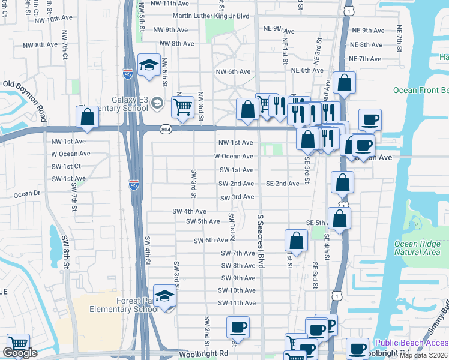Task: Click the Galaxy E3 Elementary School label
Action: [x=121, y=104]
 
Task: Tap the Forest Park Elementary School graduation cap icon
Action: [x=164, y=296]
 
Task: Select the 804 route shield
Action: [x=166, y=129]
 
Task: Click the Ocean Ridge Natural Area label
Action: [x=417, y=248]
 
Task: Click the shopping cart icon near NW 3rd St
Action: [x=182, y=107]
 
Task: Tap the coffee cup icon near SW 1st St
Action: [x=238, y=328]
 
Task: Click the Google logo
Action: [x=20, y=353]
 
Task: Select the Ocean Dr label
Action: [x=26, y=194]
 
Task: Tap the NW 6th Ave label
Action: [x=233, y=72]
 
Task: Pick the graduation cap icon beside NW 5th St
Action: [x=148, y=65]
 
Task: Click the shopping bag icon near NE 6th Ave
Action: [x=345, y=83]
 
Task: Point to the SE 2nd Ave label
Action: [x=282, y=184]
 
